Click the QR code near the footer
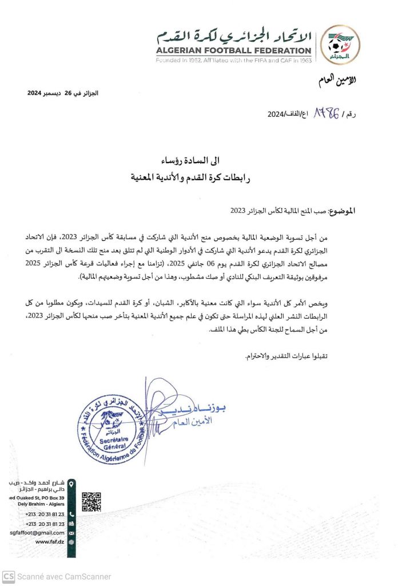(x=91, y=501)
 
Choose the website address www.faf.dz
(x=49, y=541)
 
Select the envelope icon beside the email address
(x=71, y=532)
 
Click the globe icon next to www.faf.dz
(x=71, y=541)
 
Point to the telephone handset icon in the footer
(x=71, y=514)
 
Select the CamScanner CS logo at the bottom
(x=8, y=576)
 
